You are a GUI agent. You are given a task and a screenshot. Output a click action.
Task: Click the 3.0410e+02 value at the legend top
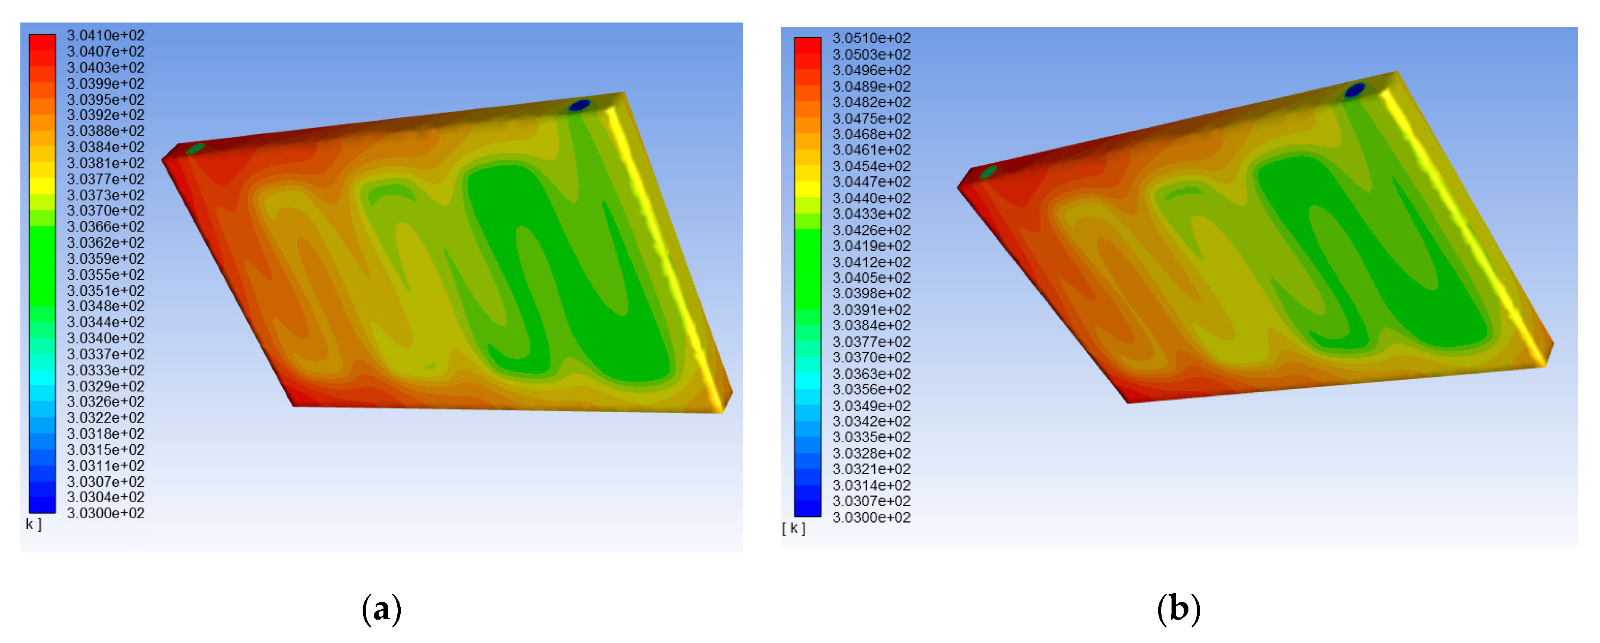[106, 36]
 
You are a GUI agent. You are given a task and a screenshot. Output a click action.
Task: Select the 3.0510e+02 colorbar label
[872, 38]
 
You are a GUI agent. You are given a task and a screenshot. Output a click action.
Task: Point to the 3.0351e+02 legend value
[106, 291]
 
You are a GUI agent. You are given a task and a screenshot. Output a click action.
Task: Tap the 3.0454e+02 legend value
[872, 166]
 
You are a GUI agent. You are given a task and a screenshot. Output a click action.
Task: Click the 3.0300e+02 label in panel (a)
[106, 513]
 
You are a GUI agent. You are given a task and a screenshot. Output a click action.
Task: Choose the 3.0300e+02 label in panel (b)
[872, 517]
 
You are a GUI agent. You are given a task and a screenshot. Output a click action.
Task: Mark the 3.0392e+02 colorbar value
[106, 115]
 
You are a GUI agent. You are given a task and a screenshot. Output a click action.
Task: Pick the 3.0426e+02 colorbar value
[872, 230]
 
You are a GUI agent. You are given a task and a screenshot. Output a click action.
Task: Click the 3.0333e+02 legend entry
[106, 370]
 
